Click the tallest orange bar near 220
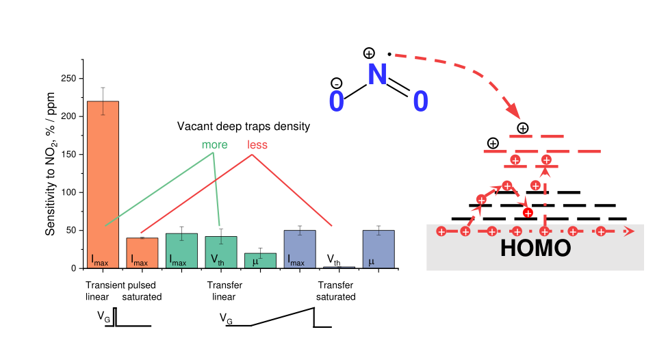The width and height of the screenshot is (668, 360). click(103, 184)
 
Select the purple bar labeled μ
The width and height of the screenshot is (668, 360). click(378, 249)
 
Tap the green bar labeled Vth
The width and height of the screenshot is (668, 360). click(221, 252)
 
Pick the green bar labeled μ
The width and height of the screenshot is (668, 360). click(260, 261)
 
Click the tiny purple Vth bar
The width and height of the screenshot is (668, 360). click(339, 266)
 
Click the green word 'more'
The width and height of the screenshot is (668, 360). click(214, 145)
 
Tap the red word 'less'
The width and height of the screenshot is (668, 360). click(257, 145)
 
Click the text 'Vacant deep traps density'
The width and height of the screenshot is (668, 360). click(244, 127)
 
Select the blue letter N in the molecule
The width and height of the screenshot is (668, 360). click(377, 75)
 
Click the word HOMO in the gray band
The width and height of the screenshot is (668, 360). click(535, 248)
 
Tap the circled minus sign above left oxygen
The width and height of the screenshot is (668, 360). click(336, 83)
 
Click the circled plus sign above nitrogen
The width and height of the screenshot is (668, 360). click(369, 53)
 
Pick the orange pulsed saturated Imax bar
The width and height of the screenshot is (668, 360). click(142, 253)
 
